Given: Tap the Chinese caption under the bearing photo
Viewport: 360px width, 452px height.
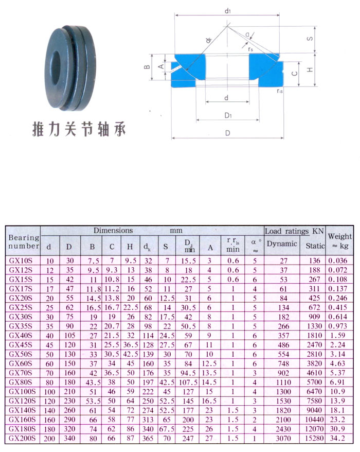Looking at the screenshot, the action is click(79, 129).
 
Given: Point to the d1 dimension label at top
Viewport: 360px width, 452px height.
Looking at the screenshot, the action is click(227, 11).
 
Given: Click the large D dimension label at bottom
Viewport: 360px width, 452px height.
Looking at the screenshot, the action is click(227, 133).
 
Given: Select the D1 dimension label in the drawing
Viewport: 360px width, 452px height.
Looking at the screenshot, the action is click(228, 116).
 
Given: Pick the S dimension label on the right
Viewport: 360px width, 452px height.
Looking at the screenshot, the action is click(310, 39).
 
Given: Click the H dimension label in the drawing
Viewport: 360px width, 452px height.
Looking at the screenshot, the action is click(310, 69).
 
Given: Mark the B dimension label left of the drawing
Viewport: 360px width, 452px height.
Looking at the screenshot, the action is click(147, 67).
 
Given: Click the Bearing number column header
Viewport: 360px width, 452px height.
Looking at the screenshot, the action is click(24, 241).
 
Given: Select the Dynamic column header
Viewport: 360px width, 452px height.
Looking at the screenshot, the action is click(282, 244).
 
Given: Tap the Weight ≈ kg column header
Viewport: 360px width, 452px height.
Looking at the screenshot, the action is click(340, 241).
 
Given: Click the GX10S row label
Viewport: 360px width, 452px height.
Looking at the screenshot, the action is click(21, 260).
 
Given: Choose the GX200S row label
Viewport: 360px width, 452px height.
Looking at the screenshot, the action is click(22, 439).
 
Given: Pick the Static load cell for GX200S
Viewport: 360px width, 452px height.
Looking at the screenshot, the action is click(314, 439).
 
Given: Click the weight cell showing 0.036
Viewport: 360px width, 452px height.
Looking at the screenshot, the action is click(338, 260).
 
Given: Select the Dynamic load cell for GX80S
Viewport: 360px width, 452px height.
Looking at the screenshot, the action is click(283, 383).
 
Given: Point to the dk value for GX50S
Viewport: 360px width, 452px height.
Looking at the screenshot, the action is click(148, 354).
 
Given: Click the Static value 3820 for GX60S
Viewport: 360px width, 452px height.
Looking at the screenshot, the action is click(314, 364).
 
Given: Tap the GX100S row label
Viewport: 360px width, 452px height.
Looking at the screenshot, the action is click(22, 392).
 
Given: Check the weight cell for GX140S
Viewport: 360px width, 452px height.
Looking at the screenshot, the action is click(338, 410).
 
